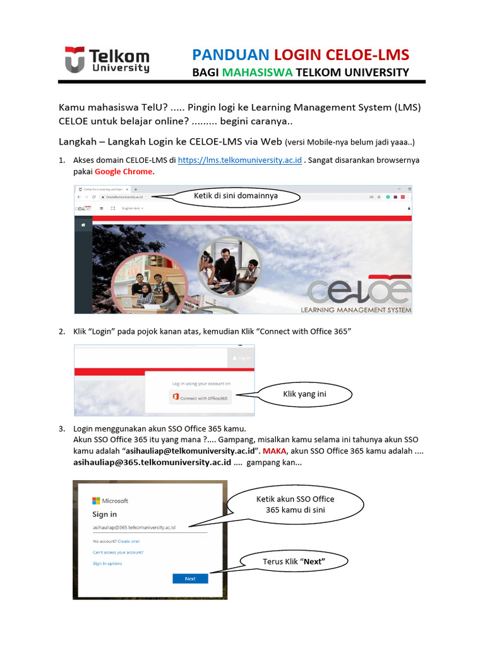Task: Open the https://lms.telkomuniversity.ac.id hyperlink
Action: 239,160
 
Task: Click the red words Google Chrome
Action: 124,172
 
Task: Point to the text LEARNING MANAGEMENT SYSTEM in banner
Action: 356,310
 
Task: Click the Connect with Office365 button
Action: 201,397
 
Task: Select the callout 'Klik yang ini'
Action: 305,395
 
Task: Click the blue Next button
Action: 190,578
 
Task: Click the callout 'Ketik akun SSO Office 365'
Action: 296,504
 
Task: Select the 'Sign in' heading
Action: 105,514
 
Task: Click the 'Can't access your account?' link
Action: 118,552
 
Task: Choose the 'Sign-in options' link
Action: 107,563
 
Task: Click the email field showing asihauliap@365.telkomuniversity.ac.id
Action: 150,527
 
